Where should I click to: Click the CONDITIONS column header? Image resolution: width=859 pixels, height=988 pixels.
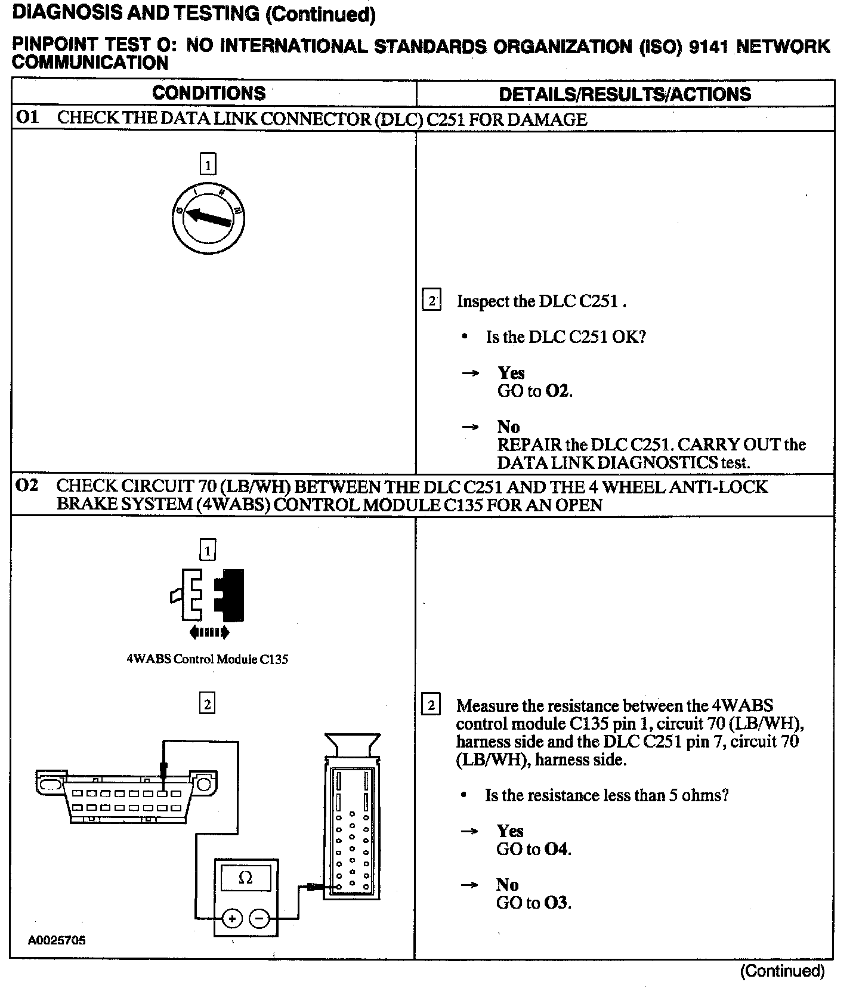pos(209,93)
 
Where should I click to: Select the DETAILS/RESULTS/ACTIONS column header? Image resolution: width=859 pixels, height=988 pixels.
pos(625,94)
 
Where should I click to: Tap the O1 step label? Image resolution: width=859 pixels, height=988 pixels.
pos(27,118)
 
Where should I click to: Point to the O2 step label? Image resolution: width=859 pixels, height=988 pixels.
pos(27,486)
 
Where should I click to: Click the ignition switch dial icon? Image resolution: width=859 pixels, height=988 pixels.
pos(208,218)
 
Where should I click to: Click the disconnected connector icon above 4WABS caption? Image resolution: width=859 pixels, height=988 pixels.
pos(207,597)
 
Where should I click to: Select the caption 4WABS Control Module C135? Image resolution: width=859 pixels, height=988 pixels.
pos(207,659)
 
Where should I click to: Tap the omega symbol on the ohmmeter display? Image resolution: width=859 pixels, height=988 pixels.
pos(245,878)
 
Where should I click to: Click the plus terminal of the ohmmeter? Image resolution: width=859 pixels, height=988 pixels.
pos(232,918)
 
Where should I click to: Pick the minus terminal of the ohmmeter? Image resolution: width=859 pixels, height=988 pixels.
pos(259,918)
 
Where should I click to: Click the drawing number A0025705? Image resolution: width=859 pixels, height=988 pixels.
pos(57,940)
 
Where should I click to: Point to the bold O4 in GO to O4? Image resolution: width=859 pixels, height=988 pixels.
pos(557,849)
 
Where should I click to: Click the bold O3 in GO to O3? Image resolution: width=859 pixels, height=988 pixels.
pos(557,903)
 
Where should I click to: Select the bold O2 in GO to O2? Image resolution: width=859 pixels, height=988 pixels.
pos(558,391)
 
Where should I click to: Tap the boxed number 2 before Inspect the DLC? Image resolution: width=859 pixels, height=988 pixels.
pos(431,300)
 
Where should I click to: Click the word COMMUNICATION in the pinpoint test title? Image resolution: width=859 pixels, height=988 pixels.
pos(90,63)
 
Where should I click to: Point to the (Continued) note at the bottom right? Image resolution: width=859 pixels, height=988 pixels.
pos(782,971)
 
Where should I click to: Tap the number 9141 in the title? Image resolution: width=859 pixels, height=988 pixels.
pos(708,47)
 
